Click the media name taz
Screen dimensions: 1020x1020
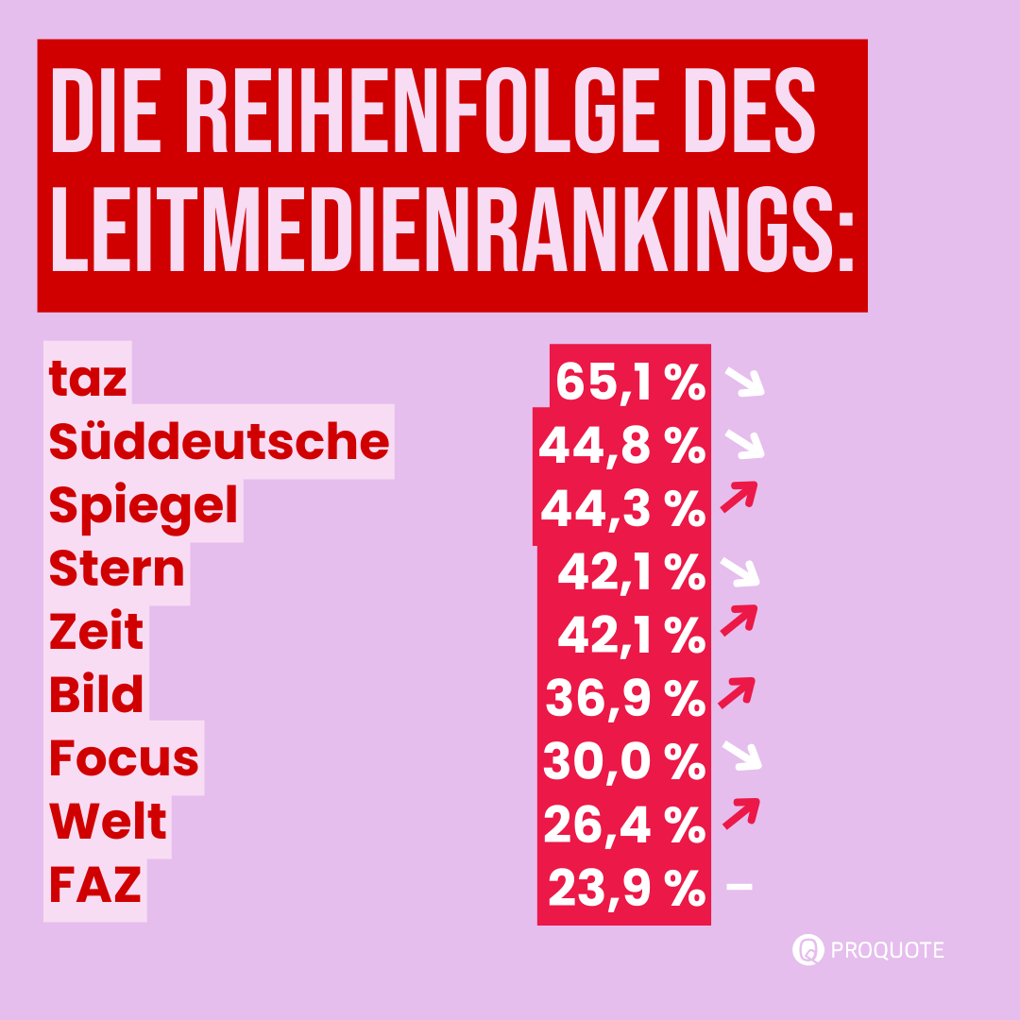(x=88, y=380)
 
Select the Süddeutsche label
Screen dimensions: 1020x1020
(x=219, y=442)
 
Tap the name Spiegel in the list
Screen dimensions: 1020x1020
(x=144, y=505)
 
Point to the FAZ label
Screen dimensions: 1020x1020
(x=95, y=886)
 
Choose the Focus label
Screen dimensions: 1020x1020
(x=124, y=758)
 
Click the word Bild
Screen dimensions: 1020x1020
(x=96, y=695)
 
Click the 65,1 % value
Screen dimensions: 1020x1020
(x=630, y=382)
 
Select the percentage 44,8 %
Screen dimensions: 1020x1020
(x=622, y=445)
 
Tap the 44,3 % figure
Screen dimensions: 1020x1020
(x=623, y=509)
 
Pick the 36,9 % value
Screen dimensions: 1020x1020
(x=626, y=699)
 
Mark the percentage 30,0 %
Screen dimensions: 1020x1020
(x=624, y=762)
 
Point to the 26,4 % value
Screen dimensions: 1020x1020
(x=624, y=825)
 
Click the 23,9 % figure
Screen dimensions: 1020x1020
(x=626, y=889)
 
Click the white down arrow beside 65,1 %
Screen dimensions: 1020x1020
(x=743, y=382)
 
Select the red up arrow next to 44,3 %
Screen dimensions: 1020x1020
(x=739, y=496)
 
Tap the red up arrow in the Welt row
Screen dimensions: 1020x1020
(x=741, y=812)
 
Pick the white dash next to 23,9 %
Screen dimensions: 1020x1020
(x=739, y=886)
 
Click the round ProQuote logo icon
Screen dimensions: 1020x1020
(x=808, y=949)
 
